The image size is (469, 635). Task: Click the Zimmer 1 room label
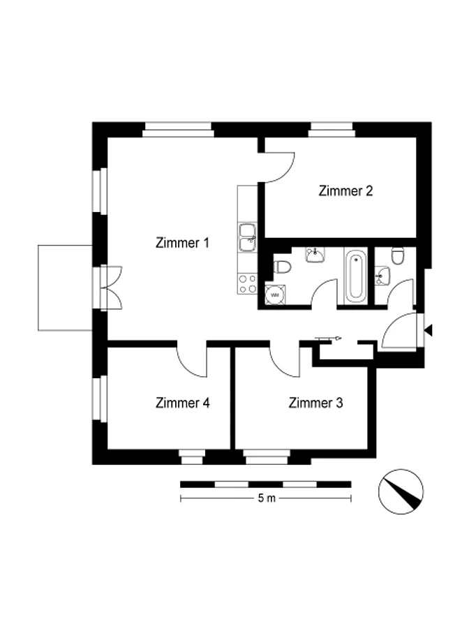[182, 243]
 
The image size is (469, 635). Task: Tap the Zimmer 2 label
[345, 190]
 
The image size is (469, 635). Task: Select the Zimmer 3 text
[315, 403]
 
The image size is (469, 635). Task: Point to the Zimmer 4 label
[183, 403]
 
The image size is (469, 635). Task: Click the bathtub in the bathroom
[356, 276]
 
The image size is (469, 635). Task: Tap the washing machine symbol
[275, 294]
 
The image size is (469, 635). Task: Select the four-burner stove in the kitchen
[247, 283]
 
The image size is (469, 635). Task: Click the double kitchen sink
[247, 237]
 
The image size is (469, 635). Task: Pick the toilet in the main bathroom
[282, 267]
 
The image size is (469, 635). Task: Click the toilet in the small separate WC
[398, 255]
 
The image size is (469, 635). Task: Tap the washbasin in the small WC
[382, 276]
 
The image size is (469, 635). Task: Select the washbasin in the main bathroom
[315, 255]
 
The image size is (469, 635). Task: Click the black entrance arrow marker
[429, 331]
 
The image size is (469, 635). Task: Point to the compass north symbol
[401, 492]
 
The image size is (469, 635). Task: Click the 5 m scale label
[267, 498]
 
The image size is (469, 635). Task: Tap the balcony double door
[111, 288]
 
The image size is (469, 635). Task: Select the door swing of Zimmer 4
[192, 361]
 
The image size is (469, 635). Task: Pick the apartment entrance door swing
[399, 331]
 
